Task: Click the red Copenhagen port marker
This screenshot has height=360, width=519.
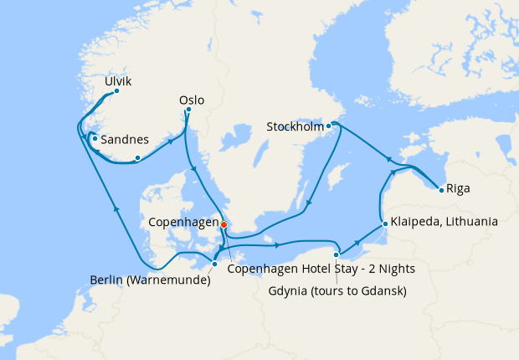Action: point(224,224)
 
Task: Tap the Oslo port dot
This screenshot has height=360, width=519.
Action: point(188,110)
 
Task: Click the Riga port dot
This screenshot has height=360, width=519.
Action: point(440,189)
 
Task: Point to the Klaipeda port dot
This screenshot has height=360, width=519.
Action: point(383,224)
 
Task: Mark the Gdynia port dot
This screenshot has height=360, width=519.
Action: point(336,255)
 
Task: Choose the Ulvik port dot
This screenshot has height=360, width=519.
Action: point(116,90)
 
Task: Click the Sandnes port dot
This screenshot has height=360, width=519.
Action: point(95,139)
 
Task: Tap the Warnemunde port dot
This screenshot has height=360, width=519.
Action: point(215,265)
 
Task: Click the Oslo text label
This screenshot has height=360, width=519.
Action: point(191,100)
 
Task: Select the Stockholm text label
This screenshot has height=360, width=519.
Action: point(295,127)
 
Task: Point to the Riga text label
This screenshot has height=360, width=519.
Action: point(458,188)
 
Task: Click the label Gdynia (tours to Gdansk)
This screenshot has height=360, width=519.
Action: point(338,291)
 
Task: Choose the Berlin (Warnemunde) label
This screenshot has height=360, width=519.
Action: point(150,280)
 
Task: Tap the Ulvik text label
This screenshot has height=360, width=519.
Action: point(117,81)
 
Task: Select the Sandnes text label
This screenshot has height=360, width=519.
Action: point(125,140)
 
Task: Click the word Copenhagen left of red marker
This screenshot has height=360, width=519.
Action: point(182,223)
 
